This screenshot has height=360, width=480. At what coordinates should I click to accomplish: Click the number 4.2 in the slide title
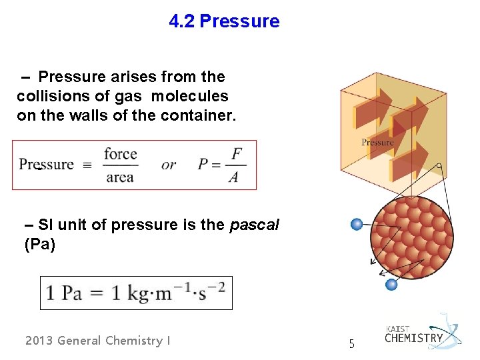pyautogui.click(x=182, y=21)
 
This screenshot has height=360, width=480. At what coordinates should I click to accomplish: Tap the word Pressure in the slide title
pyautogui.click(x=239, y=21)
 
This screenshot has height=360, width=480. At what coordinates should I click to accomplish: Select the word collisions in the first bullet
pyautogui.click(x=49, y=96)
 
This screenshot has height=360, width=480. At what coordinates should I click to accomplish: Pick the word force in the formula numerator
pyautogui.click(x=120, y=154)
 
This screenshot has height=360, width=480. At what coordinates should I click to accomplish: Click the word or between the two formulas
pyautogui.click(x=169, y=165)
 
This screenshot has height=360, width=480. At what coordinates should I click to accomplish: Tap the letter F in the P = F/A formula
pyautogui.click(x=236, y=154)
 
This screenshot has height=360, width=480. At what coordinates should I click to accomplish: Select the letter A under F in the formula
pyautogui.click(x=233, y=177)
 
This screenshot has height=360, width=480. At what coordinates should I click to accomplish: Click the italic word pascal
pyautogui.click(x=254, y=225)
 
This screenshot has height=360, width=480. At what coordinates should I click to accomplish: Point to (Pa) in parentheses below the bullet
pyautogui.click(x=39, y=245)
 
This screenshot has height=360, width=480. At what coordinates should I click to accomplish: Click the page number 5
pyautogui.click(x=353, y=345)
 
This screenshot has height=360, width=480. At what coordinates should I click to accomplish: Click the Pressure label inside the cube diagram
pyautogui.click(x=377, y=142)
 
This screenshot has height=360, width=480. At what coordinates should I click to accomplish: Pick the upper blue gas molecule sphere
pyautogui.click(x=357, y=225)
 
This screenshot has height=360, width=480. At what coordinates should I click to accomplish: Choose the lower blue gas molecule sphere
pyautogui.click(x=392, y=285)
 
